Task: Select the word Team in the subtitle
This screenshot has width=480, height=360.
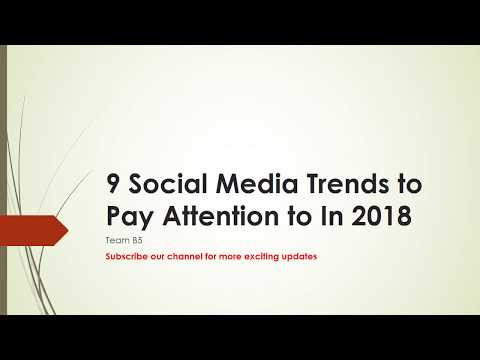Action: coord(115,241)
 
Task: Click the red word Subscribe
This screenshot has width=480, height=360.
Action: coord(127,257)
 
